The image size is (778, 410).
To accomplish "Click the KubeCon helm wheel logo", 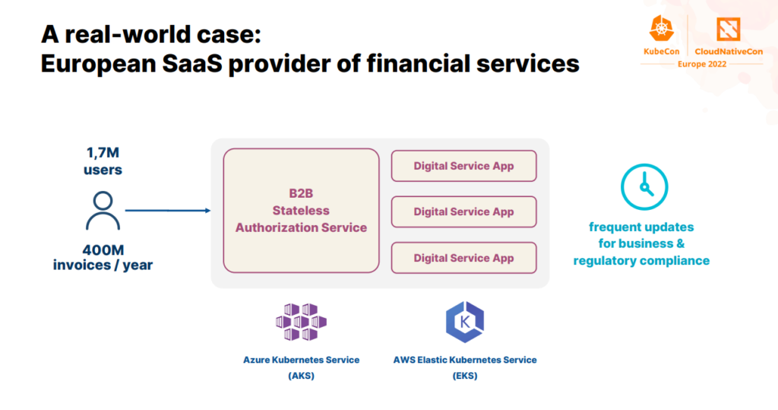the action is click(662, 28).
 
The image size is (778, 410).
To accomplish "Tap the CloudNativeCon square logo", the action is click(729, 29).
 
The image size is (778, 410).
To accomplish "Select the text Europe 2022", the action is click(701, 64).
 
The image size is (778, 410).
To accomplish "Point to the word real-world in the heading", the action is click(129, 34).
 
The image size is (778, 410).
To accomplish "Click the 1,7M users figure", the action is click(103, 161).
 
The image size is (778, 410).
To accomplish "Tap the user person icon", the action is click(103, 211).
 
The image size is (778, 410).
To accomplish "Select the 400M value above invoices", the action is click(103, 249).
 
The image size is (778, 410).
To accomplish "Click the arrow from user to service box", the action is click(168, 211).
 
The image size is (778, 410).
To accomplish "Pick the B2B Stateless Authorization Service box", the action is click(301, 211).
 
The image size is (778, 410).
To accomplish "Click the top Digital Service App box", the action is click(464, 166).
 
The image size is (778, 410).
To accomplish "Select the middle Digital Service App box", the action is click(464, 211).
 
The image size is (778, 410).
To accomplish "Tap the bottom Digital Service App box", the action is click(464, 258).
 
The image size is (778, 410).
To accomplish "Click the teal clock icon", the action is click(644, 187).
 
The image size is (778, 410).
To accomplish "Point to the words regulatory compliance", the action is click(641, 260).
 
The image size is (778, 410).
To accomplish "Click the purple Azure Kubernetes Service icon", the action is click(301, 322).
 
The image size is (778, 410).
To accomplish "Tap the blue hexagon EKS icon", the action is click(465, 322).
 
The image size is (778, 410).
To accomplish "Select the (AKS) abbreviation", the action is click(301, 376).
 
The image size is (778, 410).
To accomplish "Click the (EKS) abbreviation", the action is click(465, 376).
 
